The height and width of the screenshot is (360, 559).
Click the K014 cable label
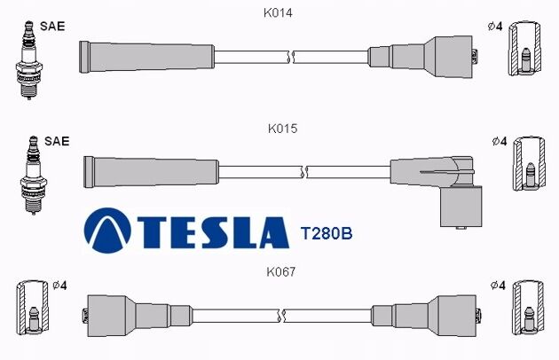coord(278,12)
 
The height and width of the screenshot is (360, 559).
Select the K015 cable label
coord(282,129)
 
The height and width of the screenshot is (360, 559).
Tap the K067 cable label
coord(281,272)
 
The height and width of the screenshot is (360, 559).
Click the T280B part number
coord(327,233)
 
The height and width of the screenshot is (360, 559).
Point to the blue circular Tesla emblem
coord(107,231)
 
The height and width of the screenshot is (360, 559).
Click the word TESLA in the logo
coord(213,232)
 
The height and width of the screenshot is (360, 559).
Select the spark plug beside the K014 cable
coord(29,60)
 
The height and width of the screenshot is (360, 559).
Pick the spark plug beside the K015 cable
coord(34,175)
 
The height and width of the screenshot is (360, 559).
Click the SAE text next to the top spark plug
coord(52,27)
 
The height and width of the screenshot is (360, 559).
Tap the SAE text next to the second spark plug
coord(57,141)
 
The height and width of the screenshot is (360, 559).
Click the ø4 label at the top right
coord(495,27)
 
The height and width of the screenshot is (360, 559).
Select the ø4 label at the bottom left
coord(59,286)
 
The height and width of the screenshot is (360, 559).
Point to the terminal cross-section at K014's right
coord(524,49)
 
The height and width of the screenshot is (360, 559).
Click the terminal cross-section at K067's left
coord(33,308)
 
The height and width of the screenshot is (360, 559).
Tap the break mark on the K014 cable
coord(291,57)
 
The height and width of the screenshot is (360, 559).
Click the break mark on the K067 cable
coord(281,316)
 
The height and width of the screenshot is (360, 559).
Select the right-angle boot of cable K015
coord(448,191)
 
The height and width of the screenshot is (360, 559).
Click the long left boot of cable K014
coord(146,57)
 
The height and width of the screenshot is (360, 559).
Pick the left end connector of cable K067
coord(138,316)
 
